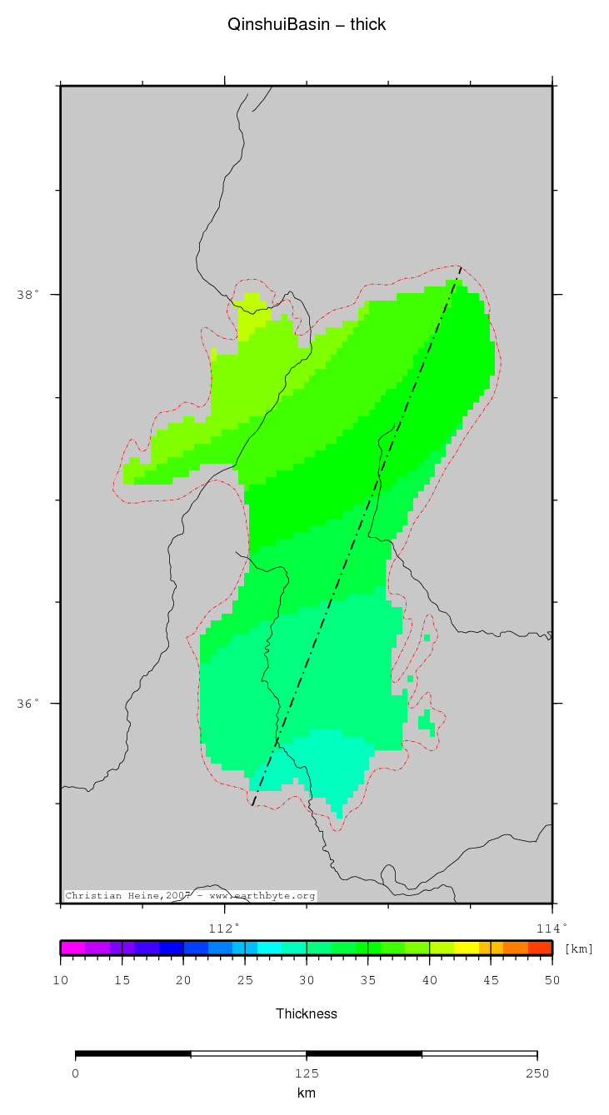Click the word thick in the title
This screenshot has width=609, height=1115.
pos(367,25)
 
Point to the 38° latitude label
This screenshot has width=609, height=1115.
pos(27,295)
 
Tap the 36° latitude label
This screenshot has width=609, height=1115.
pos(27,703)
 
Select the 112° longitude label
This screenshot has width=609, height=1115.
pos(223,928)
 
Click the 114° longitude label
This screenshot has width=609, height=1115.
pos(551,928)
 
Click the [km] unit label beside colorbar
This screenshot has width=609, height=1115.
pos(579,948)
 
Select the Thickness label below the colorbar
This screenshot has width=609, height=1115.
pos(307,1013)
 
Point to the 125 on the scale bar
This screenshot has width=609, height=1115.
pos(307,1073)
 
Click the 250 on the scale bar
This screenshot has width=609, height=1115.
pos(537,1073)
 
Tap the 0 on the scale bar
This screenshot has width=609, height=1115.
pos(76,1073)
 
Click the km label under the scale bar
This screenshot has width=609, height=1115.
pos(307,1093)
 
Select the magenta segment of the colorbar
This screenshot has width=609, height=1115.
pos(72,948)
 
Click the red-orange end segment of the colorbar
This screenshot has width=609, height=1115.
pos(540,948)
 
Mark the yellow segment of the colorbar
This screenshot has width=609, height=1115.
pos(466,948)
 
